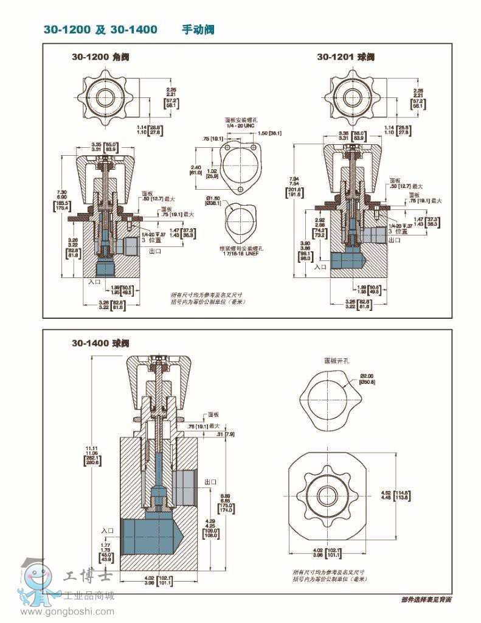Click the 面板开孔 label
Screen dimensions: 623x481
[x=337, y=360]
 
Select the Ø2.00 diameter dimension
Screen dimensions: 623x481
[x=367, y=377]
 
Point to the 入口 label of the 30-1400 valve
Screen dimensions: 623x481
[x=108, y=531]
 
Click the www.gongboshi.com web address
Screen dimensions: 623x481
[x=67, y=611]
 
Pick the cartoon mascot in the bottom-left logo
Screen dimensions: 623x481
[x=34, y=581]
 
